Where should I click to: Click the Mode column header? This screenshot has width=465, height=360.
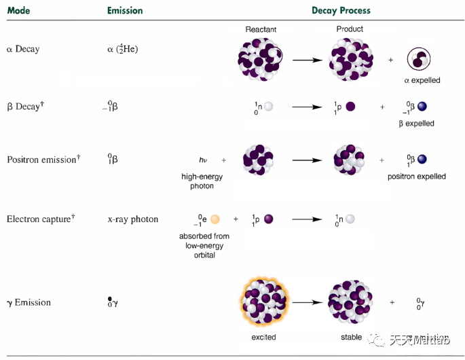click(x=18, y=11)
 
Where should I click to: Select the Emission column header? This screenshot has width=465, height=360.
click(x=125, y=11)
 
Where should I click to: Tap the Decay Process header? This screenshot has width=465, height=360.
click(x=341, y=11)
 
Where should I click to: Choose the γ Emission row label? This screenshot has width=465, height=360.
click(x=29, y=302)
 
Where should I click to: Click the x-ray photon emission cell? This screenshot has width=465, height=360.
click(x=132, y=219)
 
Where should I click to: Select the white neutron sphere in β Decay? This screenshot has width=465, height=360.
click(x=269, y=107)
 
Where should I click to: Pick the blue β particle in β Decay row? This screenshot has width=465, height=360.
click(x=422, y=107)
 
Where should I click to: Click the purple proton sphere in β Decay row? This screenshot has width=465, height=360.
click(x=350, y=107)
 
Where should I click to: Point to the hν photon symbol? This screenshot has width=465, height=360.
click(x=203, y=160)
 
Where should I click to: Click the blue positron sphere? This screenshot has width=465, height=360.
click(x=422, y=160)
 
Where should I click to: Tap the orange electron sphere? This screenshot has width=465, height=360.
click(x=215, y=219)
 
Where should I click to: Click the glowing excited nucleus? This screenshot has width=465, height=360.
click(x=262, y=302)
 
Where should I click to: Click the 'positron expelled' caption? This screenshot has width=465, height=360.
click(x=417, y=177)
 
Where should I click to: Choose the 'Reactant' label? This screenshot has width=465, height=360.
click(x=261, y=30)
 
